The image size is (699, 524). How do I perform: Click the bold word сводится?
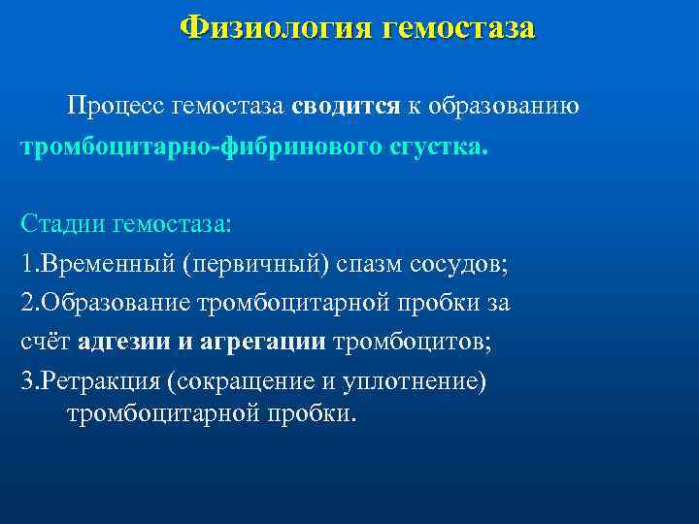point(345,106)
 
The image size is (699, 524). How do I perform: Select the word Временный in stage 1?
point(108,264)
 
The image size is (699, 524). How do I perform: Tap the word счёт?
point(46,342)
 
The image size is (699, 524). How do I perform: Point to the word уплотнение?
point(401,380)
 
